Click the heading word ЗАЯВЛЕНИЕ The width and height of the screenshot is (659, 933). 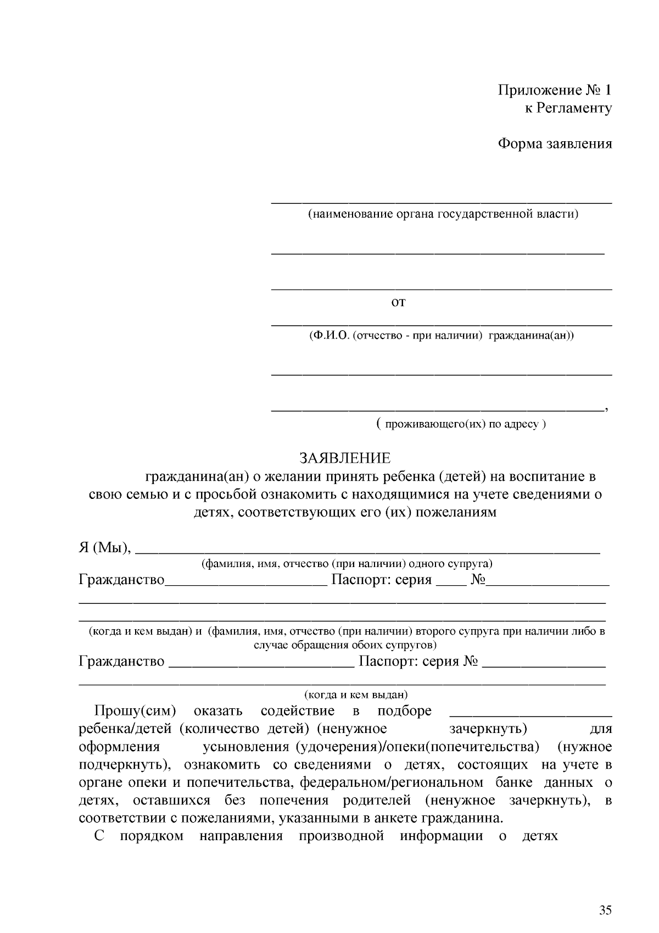point(344,458)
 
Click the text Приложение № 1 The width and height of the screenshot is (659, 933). point(555,90)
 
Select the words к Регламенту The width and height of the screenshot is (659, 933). point(568,108)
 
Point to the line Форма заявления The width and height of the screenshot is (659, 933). point(555,144)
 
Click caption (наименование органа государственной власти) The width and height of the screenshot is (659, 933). point(443,214)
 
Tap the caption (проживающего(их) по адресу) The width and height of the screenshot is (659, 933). point(461,424)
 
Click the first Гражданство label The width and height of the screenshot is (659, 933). point(121,580)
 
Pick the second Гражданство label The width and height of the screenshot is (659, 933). point(121,661)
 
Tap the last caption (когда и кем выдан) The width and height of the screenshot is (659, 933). point(356,695)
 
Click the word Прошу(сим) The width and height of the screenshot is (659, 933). point(135,711)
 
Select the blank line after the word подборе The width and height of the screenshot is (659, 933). point(530,714)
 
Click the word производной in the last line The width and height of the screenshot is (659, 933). point(341,836)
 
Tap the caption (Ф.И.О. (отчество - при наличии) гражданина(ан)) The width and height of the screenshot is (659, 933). point(442,335)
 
